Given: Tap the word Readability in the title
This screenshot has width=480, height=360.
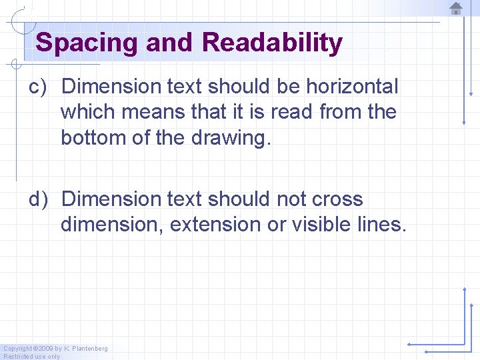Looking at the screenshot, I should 272,43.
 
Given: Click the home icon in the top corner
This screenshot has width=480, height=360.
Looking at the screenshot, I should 456,9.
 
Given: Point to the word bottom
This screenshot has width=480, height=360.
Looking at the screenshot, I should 91,137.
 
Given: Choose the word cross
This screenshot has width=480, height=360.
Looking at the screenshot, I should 337,199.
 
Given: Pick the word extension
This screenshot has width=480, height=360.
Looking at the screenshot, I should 215,225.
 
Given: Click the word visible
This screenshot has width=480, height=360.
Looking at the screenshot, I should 325,225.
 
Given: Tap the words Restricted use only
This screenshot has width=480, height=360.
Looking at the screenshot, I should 31,356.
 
